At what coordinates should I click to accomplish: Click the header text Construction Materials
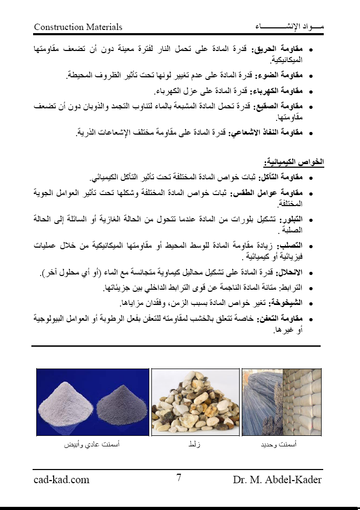[x=78, y=27]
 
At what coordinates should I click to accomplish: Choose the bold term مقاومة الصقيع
[x=284, y=106]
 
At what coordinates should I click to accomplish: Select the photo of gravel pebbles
[x=195, y=402]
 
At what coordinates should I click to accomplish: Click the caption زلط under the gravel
[x=194, y=445]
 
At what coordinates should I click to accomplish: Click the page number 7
[x=179, y=478]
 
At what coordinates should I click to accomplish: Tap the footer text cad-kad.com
[x=61, y=480]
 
